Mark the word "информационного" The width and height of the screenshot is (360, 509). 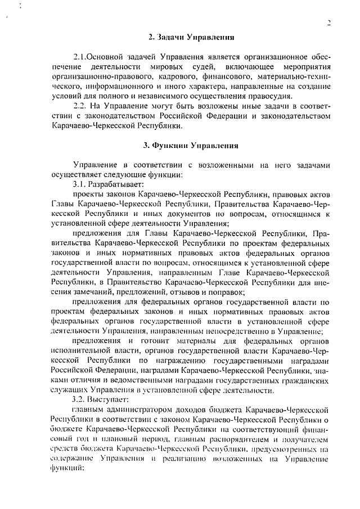[120, 86]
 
